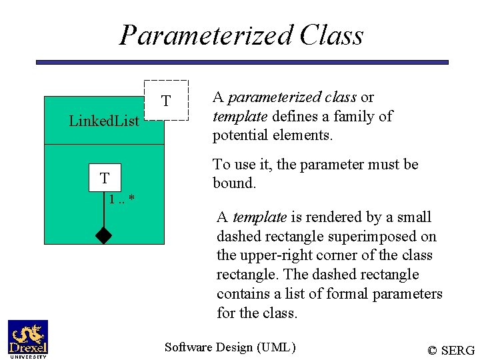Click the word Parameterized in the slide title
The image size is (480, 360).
(206, 35)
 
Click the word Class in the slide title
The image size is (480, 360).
(331, 35)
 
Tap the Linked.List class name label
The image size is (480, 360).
(104, 121)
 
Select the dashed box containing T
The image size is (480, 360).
(166, 101)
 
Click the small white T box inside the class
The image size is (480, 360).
(105, 178)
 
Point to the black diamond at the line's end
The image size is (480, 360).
(104, 235)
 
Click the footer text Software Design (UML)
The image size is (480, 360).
(229, 347)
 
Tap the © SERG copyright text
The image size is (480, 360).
(451, 350)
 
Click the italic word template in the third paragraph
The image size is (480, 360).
(260, 217)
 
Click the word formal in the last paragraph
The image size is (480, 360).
(335, 294)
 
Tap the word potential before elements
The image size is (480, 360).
(239, 136)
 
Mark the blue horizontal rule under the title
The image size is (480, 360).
(242, 62)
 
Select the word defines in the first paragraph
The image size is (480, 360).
(292, 117)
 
